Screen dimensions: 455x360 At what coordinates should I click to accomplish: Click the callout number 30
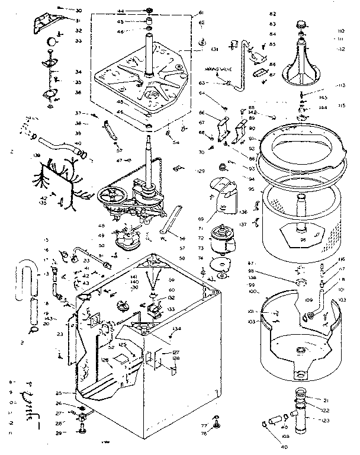[79, 11]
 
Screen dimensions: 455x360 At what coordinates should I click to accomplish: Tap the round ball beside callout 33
[52, 41]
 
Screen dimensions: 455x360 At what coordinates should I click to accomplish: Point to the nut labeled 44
[148, 11]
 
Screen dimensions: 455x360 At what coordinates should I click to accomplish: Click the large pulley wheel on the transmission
[110, 196]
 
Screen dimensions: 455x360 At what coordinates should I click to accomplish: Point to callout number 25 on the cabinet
[58, 393]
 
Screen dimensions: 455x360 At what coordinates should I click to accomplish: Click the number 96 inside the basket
[303, 240]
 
